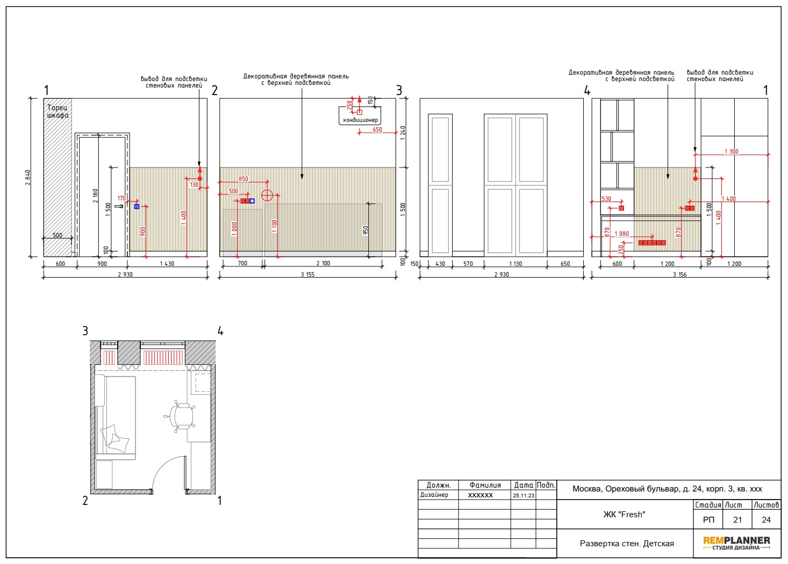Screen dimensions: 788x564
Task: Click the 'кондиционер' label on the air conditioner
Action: click(360, 120)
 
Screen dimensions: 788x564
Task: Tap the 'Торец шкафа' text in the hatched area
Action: click(58, 112)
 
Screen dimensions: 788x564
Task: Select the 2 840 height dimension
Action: click(28, 178)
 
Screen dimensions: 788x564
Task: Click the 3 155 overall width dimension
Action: click(307, 274)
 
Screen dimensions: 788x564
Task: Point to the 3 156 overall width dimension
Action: click(679, 274)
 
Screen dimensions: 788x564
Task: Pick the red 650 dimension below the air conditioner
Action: click(377, 129)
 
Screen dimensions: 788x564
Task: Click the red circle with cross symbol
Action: click(267, 195)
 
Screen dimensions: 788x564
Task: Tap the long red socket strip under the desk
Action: click(652, 243)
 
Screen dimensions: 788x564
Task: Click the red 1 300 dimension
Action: click(732, 151)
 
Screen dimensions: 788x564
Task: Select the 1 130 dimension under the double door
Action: click(515, 264)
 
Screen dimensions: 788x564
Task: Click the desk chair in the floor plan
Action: click(182, 417)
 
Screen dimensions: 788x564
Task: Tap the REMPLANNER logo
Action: click(736, 543)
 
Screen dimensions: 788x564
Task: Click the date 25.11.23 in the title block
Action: click(524, 495)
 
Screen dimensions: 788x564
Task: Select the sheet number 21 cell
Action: click(737, 520)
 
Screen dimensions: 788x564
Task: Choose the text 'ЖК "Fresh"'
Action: click(624, 515)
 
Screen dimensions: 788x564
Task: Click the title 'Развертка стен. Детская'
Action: click(627, 544)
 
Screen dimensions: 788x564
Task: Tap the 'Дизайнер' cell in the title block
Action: click(434, 495)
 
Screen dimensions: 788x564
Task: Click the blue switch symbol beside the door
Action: click(137, 207)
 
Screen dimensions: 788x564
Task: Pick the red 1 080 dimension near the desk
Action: click(621, 234)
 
